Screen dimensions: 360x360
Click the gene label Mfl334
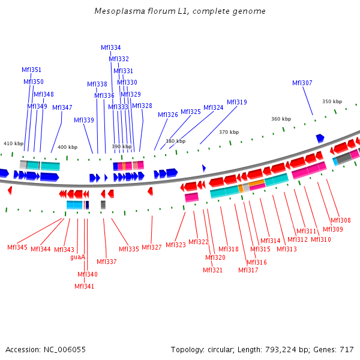(110, 47)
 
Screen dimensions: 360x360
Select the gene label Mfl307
(302, 83)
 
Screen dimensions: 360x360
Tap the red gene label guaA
(78, 257)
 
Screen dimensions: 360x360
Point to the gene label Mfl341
(84, 286)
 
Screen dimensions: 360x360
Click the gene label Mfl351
(31, 70)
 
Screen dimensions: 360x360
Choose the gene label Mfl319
(237, 102)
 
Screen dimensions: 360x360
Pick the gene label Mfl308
(341, 220)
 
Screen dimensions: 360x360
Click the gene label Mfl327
(152, 247)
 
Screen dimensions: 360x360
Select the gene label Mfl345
(17, 247)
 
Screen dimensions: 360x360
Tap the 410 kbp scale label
(13, 143)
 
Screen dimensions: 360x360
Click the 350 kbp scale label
(332, 101)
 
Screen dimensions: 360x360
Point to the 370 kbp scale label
(229, 132)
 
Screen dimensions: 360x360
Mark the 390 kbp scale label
(121, 146)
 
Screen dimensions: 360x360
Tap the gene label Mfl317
(248, 270)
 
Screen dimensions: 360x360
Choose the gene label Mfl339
(84, 120)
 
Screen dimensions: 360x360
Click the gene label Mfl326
(168, 115)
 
